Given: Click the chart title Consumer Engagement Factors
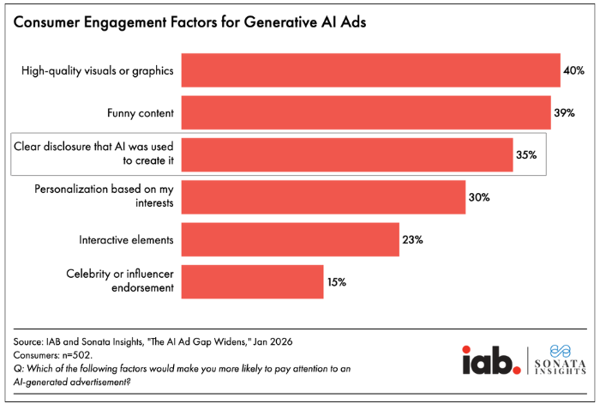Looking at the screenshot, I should click(x=189, y=23).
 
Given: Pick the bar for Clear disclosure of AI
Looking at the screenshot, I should click(x=347, y=154).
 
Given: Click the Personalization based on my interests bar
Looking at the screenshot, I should click(x=323, y=196).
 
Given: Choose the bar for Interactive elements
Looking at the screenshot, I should click(x=291, y=239).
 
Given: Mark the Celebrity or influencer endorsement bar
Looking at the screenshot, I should click(x=253, y=281).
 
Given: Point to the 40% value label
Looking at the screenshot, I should click(x=574, y=70).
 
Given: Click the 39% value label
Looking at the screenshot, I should click(x=565, y=112).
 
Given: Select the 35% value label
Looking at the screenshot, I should click(x=526, y=155).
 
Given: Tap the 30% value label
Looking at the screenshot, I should click(x=479, y=197).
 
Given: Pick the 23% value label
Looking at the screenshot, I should click(x=413, y=239).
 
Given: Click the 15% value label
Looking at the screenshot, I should click(x=337, y=281).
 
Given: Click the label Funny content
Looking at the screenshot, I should click(x=140, y=112).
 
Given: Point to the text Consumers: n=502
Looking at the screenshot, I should click(x=51, y=355).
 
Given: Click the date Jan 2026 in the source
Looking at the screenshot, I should click(x=272, y=342).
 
